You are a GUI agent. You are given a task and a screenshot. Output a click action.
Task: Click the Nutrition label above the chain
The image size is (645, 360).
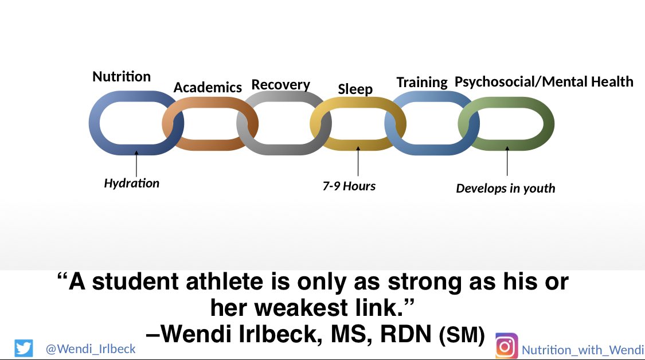[x=122, y=77]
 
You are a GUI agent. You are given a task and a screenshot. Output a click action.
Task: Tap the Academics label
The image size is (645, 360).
[x=208, y=88]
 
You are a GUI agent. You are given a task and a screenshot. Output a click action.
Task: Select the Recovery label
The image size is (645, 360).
[x=280, y=85]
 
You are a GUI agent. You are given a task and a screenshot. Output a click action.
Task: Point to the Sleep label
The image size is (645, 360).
[x=355, y=89]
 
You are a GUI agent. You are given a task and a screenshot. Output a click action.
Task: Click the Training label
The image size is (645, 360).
[x=422, y=83]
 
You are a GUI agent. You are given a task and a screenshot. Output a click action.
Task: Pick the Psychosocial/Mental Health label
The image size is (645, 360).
[x=544, y=82]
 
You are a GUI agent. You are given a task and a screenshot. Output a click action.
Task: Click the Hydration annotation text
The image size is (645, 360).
[x=132, y=183]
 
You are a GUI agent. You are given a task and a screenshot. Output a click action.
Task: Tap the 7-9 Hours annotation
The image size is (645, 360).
[x=349, y=186]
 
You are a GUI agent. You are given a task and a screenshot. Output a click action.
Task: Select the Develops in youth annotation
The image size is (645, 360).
[x=505, y=188]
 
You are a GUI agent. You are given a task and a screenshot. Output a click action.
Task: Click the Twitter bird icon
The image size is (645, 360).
[x=24, y=348]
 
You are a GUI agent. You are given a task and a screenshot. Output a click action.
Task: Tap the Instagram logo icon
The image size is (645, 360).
[x=506, y=346]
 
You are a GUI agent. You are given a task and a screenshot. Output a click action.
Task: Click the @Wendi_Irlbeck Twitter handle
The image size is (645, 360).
[x=91, y=348]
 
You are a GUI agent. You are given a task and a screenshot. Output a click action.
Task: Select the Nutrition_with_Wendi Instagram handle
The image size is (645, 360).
[x=581, y=349]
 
